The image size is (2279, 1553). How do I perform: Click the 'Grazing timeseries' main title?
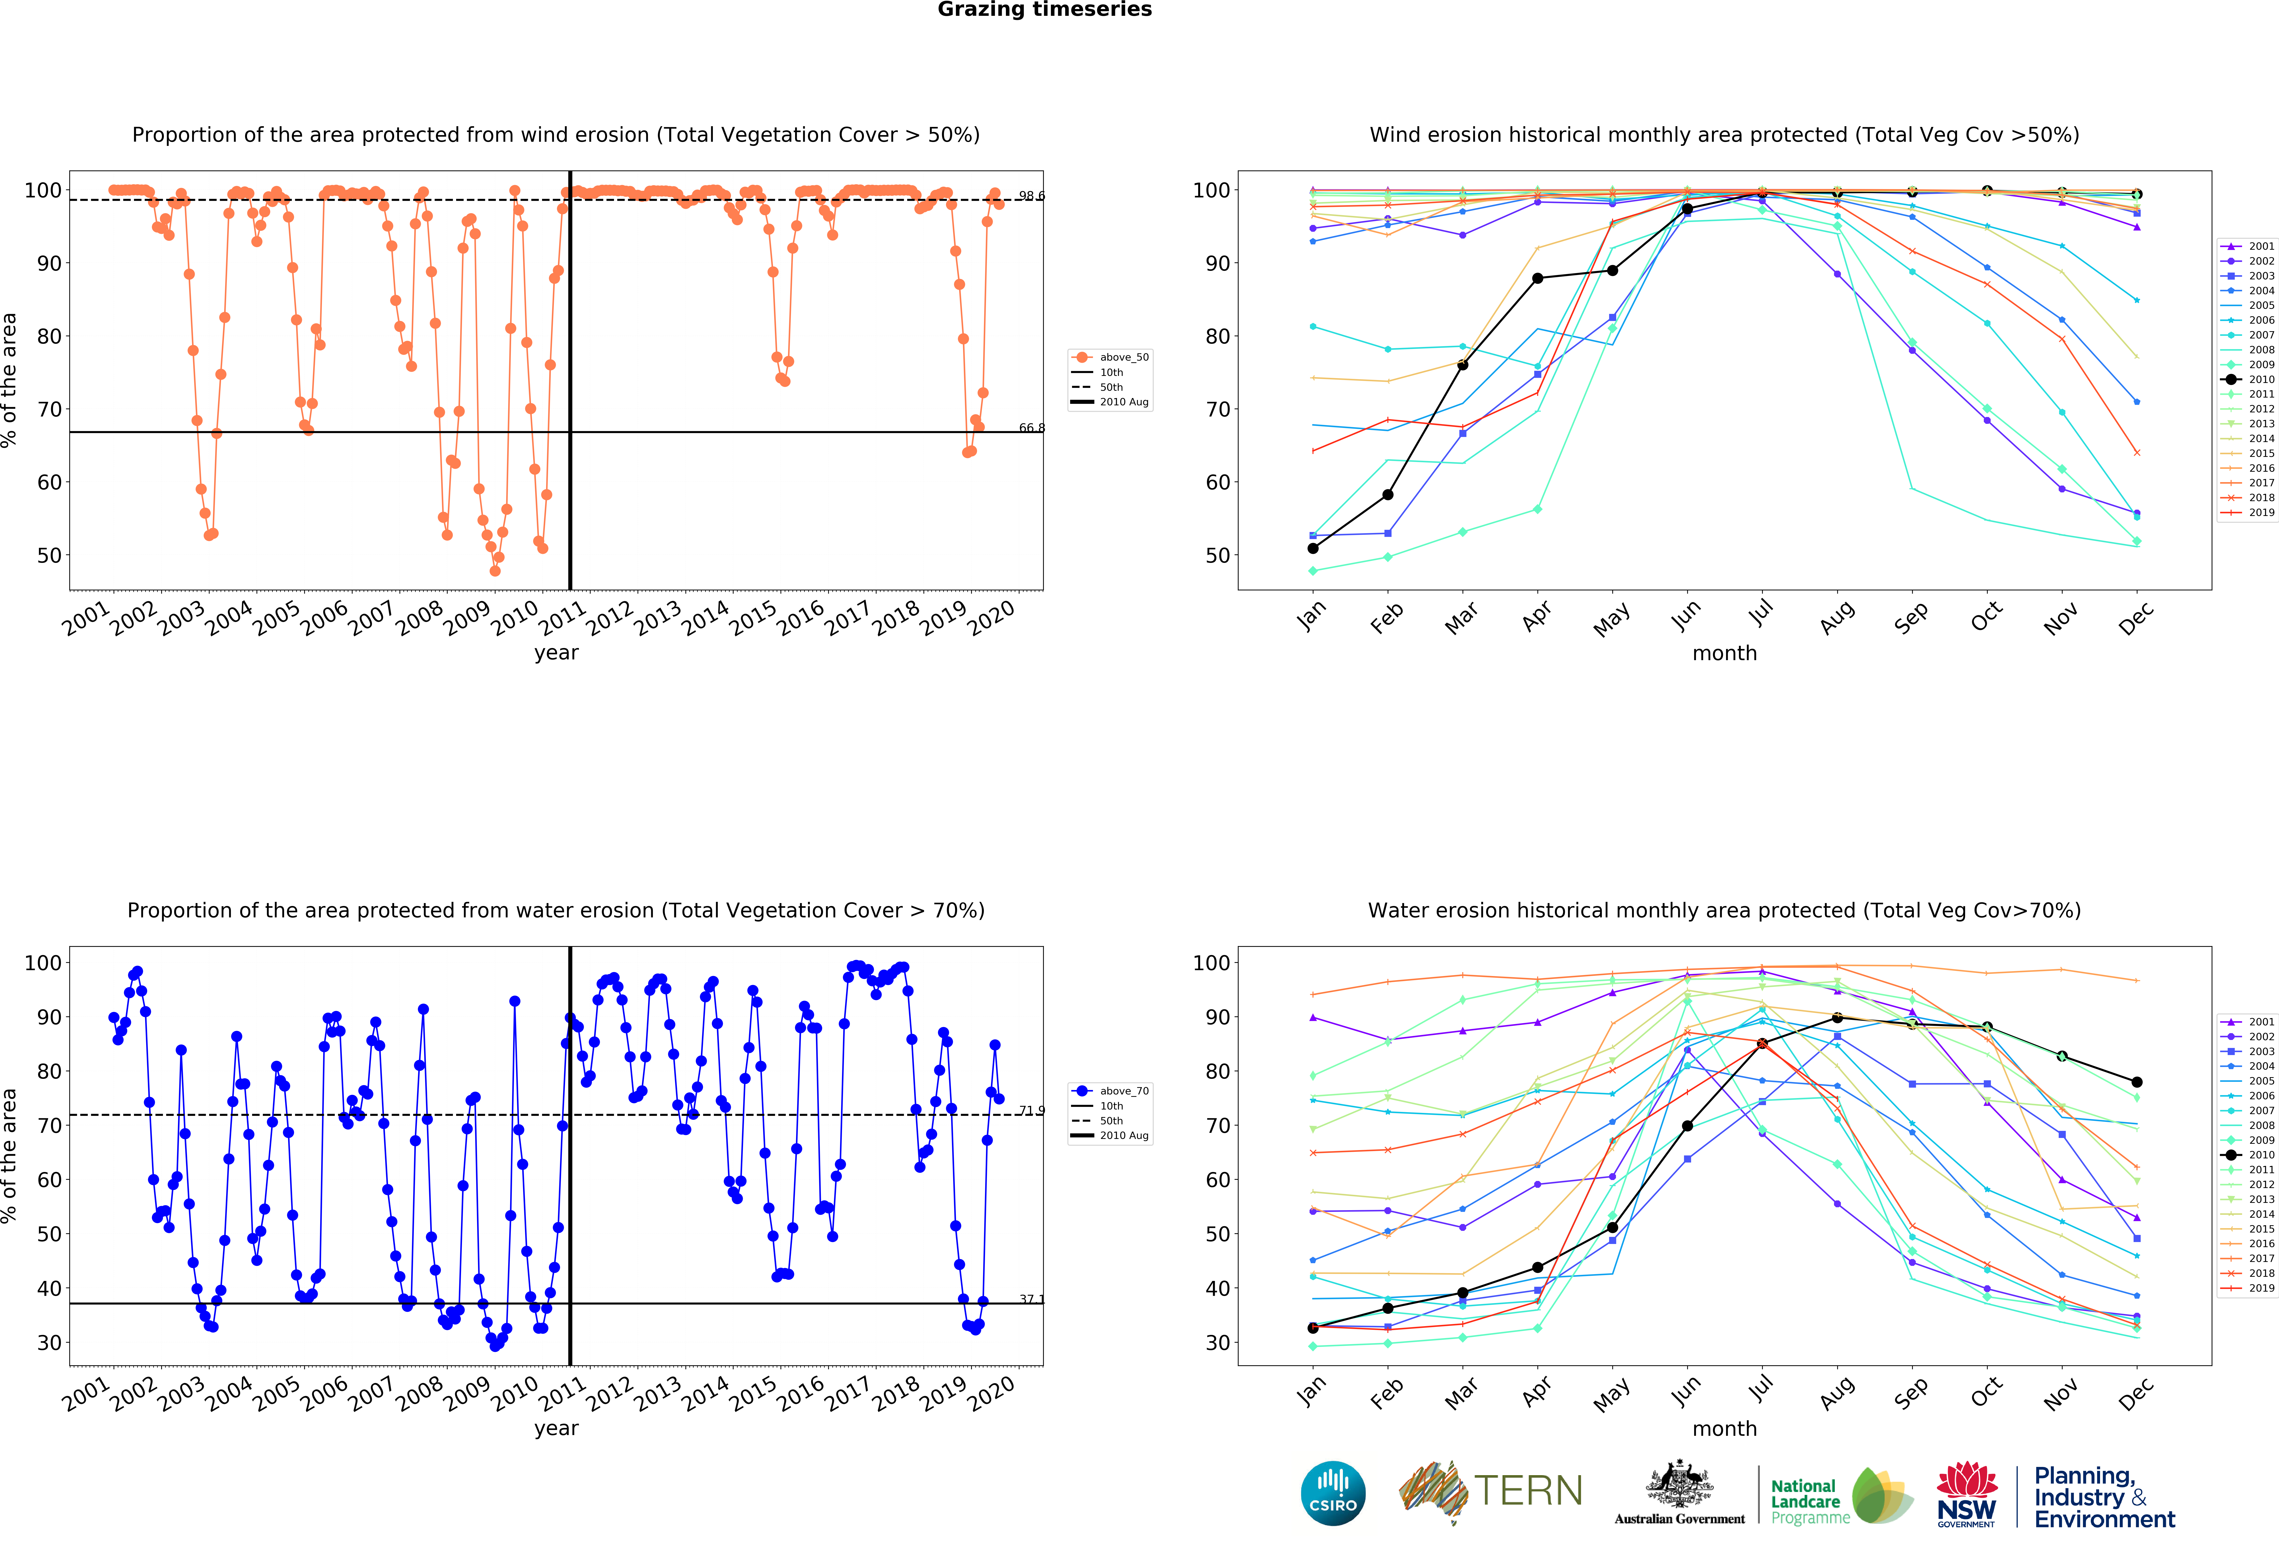(1044, 10)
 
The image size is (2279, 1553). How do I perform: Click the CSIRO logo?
(1333, 1493)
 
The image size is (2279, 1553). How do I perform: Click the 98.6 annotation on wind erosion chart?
(1031, 196)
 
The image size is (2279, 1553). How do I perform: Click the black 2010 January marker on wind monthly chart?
(1313, 548)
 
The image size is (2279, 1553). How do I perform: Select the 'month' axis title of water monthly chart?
(1724, 1429)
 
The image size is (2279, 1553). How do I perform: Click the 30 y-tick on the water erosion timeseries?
(49, 1343)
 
